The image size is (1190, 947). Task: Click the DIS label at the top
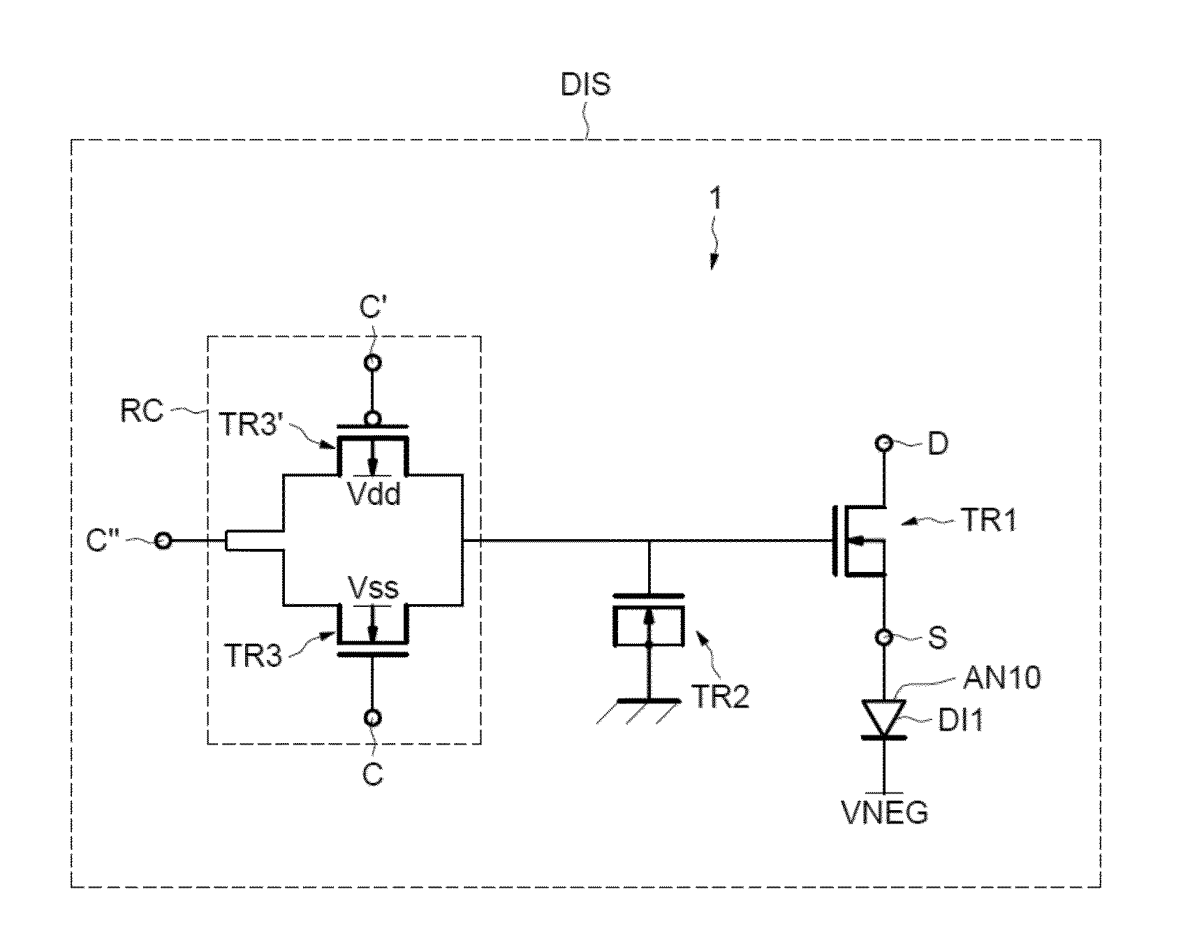[585, 85]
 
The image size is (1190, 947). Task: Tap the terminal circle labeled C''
[163, 540]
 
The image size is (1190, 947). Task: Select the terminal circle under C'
[372, 362]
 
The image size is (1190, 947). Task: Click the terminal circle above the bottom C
[372, 717]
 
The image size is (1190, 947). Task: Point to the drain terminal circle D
[885, 443]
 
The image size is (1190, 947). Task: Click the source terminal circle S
[885, 637]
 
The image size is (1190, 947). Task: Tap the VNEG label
[886, 812]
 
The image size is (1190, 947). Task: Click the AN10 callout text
[1002, 677]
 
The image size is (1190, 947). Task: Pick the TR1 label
[989, 520]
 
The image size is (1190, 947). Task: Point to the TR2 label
[721, 696]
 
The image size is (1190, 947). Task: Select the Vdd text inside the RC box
[374, 494]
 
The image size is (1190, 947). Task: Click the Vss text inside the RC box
[374, 588]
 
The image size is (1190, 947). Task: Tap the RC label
[142, 411]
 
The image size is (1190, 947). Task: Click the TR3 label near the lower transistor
[253, 656]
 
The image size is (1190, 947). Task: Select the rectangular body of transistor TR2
[649, 626]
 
